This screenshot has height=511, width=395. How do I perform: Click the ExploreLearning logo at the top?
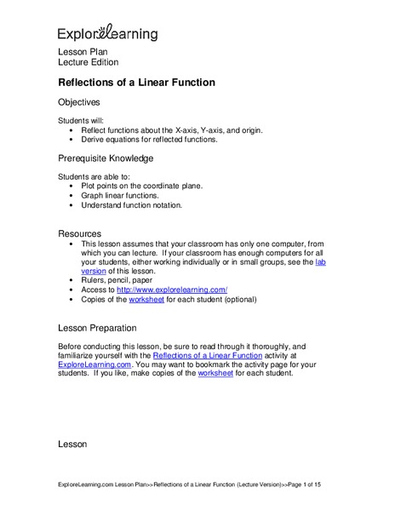(107, 33)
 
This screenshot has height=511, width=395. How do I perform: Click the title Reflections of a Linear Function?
(135, 83)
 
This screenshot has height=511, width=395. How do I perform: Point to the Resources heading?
(79, 233)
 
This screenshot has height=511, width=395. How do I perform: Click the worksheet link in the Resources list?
(145, 300)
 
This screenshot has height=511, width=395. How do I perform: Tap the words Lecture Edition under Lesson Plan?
(88, 63)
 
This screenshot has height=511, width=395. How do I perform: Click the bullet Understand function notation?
(131, 205)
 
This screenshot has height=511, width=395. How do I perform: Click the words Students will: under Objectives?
(83, 119)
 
